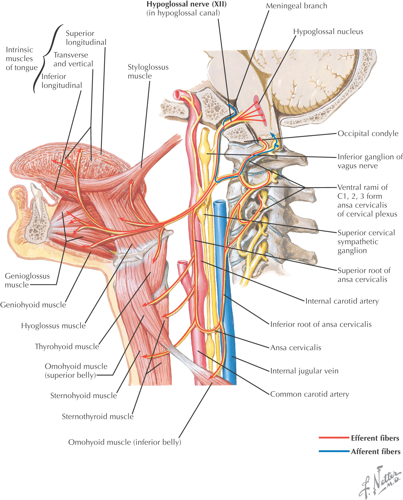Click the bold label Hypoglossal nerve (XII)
(186, 5)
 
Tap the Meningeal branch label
(296, 6)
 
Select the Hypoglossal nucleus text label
(328, 32)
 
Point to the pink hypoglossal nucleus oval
(260, 111)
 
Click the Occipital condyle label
(368, 133)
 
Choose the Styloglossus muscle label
(148, 71)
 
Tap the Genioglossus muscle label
(27, 280)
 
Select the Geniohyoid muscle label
(33, 305)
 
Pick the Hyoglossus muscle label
(53, 326)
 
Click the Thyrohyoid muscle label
(67, 346)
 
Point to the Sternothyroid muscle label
(98, 416)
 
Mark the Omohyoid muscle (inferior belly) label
(125, 442)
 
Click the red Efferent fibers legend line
(334, 438)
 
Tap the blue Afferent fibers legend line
(334, 451)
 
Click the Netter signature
(380, 482)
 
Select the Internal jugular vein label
(304, 371)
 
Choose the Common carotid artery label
(309, 394)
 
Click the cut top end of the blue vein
(219, 203)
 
